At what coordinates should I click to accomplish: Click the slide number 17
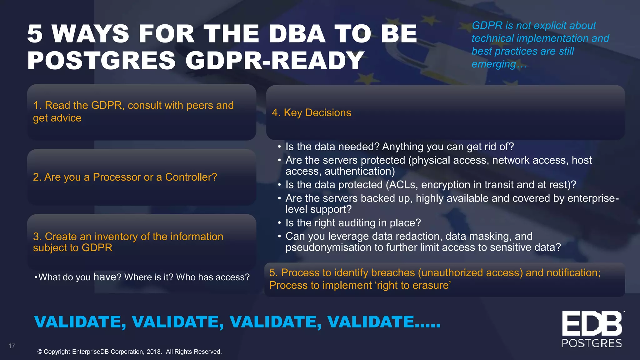pyautogui.click(x=12, y=346)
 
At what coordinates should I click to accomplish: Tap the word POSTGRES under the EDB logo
pyautogui.click(x=592, y=343)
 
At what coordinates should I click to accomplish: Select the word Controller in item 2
pyautogui.click(x=191, y=177)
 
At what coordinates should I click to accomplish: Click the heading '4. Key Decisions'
pyautogui.click(x=311, y=113)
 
